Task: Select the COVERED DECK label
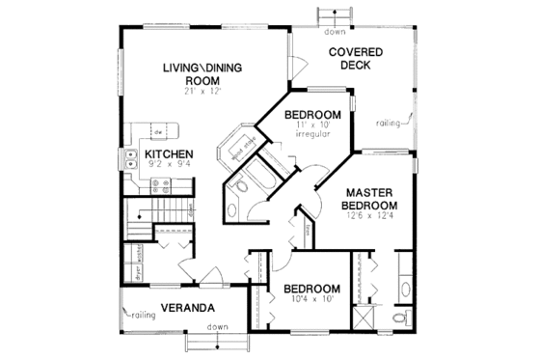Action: coord(354,58)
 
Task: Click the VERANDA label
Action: coord(186,311)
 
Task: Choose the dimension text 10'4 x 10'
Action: coord(310,300)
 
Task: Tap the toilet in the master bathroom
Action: coord(402,318)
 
